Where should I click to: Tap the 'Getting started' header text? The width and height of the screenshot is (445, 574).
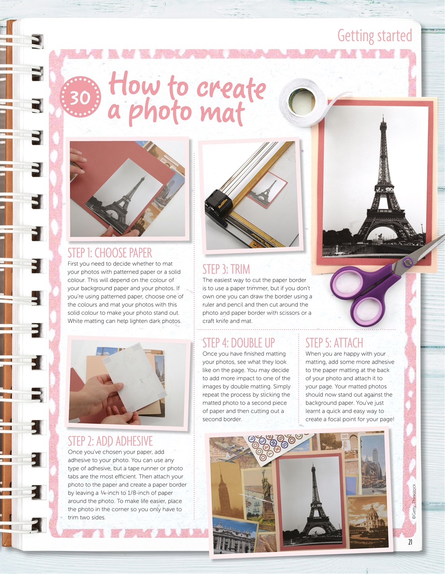point(374,35)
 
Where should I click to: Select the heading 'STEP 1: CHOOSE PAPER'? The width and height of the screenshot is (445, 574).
point(110,253)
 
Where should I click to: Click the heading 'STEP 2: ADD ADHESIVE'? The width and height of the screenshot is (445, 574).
point(110,441)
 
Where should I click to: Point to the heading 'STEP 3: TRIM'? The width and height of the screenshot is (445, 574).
point(226,269)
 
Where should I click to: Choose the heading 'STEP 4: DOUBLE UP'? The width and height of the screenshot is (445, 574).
point(238,343)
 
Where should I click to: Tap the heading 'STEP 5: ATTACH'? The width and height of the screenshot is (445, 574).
point(334,343)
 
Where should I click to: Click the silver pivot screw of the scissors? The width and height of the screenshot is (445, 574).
point(408,262)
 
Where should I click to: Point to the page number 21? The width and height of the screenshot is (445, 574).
point(410,542)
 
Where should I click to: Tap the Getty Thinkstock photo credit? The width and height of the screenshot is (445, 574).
point(414,502)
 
